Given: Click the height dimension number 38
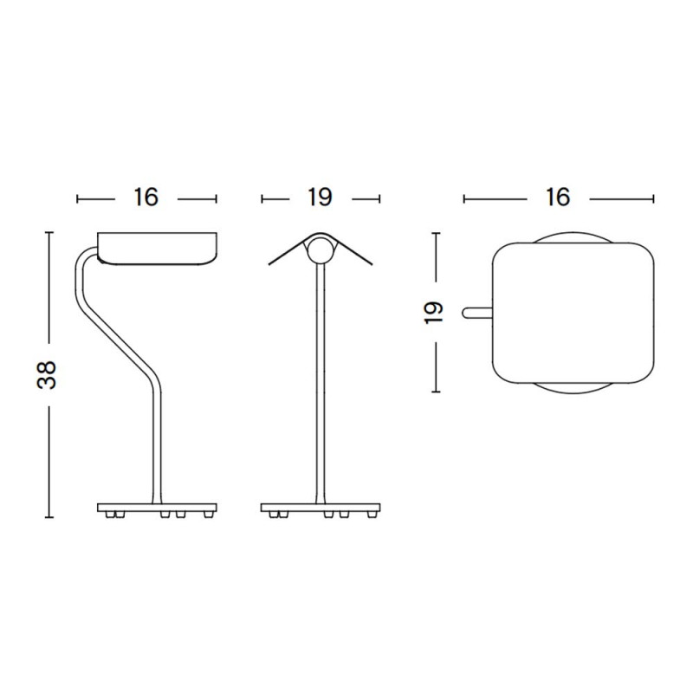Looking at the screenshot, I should (x=50, y=373).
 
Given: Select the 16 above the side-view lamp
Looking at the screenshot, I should (x=146, y=198).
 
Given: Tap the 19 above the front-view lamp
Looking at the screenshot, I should (x=320, y=198).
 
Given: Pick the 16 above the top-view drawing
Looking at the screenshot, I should (x=558, y=198).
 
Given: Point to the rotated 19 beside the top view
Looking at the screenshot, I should (x=436, y=312).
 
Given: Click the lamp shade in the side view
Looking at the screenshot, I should (x=156, y=247).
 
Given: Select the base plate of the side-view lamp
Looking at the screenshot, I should (x=156, y=505).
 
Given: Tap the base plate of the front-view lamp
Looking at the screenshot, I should (x=321, y=505).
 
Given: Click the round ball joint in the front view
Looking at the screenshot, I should (x=321, y=250).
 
